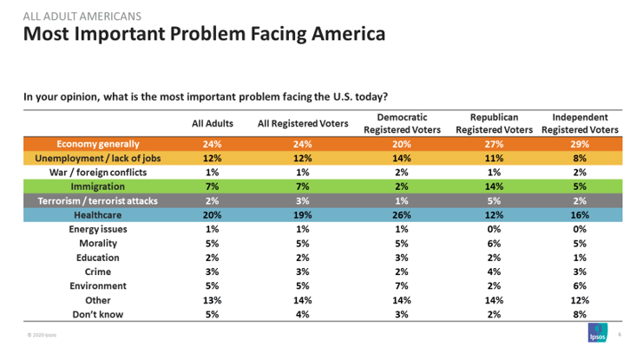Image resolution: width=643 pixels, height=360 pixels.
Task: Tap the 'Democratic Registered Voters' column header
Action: tap(403, 123)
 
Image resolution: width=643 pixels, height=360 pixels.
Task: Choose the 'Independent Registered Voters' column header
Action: tap(580, 123)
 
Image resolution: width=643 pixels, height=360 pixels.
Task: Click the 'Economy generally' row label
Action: tap(98, 144)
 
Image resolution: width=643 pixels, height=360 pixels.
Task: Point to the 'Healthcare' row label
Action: tap(98, 214)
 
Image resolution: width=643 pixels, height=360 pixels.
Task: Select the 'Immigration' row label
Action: tap(98, 187)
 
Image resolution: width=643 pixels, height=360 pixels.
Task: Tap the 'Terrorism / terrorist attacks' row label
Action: tap(98, 200)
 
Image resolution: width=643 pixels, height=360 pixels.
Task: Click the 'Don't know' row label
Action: tap(98, 313)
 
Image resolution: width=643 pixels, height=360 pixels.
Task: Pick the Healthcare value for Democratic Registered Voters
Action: tap(402, 214)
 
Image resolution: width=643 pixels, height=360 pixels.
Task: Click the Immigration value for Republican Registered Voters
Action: tap(494, 187)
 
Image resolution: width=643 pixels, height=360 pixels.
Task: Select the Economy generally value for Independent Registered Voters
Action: tap(580, 144)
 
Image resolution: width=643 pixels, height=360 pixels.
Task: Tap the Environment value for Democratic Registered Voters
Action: tap(402, 285)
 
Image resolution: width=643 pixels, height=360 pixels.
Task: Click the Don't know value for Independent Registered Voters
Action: tap(580, 313)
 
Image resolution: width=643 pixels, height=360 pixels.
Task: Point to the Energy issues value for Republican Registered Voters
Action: tap(494, 229)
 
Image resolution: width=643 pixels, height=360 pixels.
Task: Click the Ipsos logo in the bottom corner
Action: tap(596, 337)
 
